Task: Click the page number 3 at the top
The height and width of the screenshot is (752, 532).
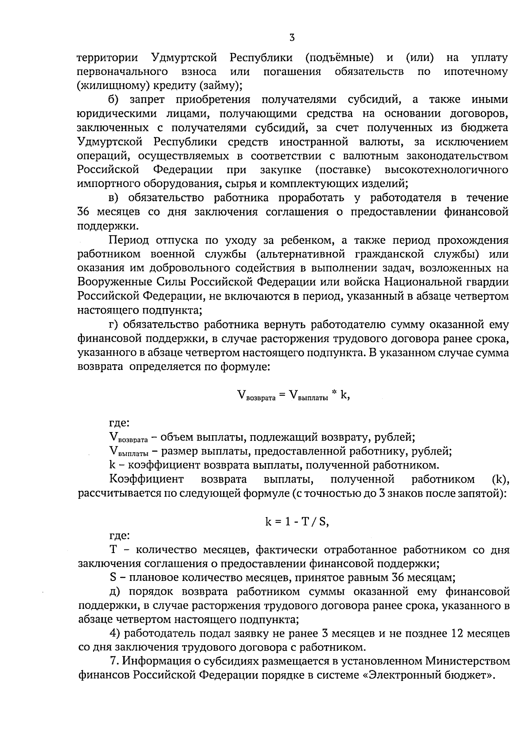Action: click(292, 38)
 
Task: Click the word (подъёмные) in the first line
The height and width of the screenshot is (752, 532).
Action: click(339, 58)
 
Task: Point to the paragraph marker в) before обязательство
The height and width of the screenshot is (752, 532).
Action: click(114, 198)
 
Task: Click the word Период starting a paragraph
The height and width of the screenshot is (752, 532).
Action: click(129, 240)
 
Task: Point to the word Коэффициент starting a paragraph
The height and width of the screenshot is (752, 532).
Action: click(146, 479)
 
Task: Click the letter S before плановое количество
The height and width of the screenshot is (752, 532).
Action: click(113, 578)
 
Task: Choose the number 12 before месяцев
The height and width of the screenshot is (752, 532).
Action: click(457, 634)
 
